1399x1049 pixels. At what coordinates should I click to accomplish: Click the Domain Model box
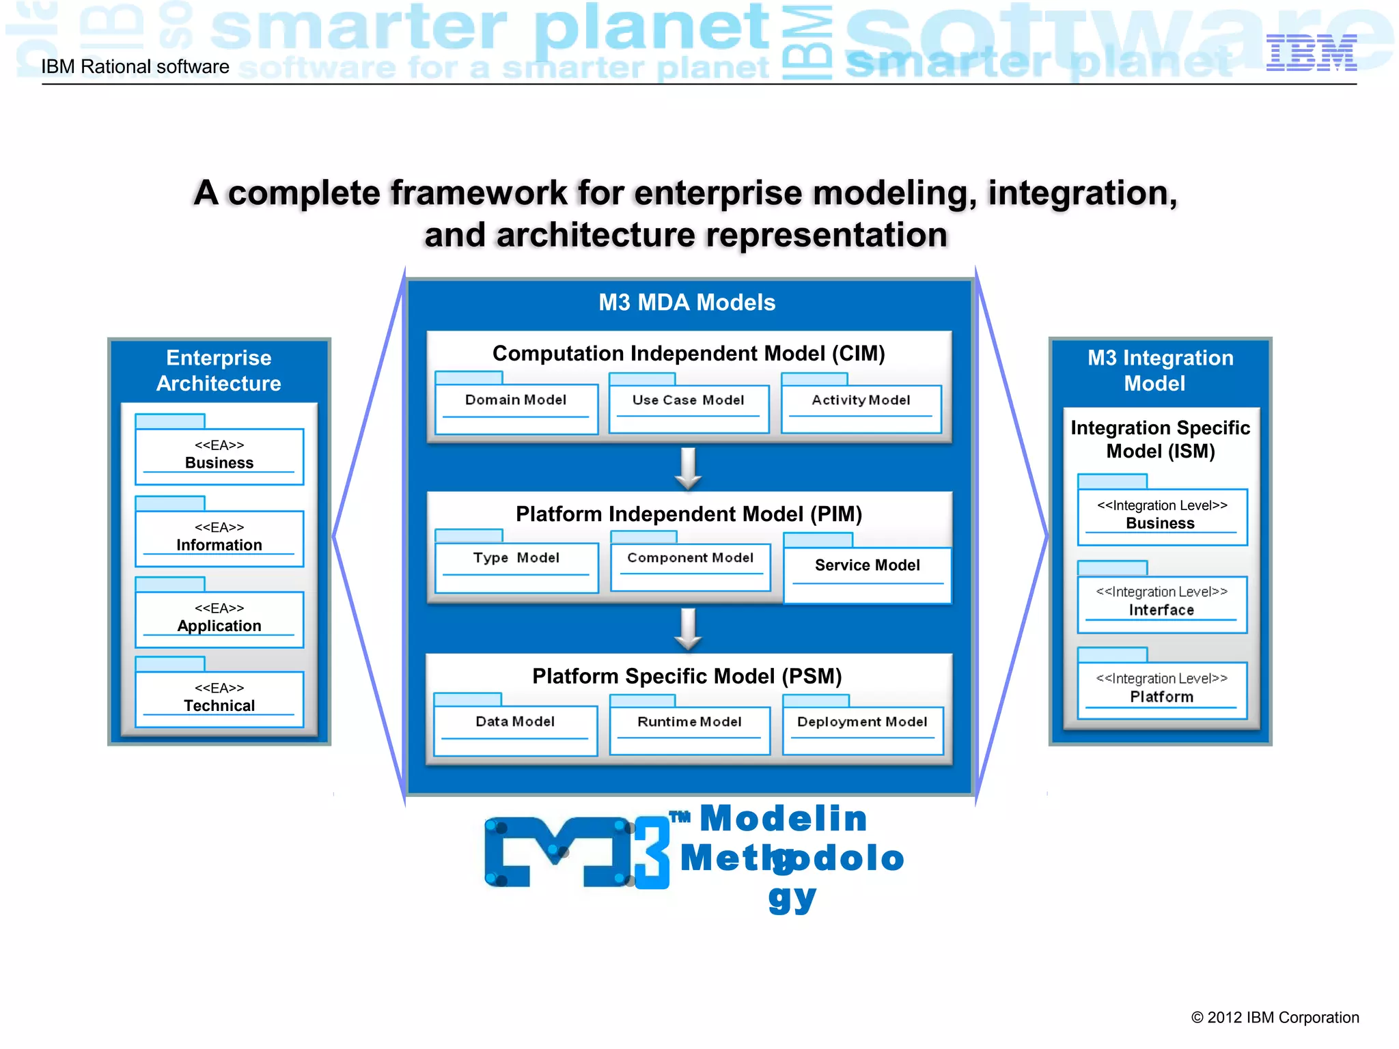click(516, 408)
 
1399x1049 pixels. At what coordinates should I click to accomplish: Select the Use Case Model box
click(689, 408)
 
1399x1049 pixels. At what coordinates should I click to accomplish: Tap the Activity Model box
click(861, 408)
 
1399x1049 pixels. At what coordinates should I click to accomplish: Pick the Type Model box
click(516, 567)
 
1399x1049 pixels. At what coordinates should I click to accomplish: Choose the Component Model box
click(690, 567)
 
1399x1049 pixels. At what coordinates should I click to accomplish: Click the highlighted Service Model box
click(867, 574)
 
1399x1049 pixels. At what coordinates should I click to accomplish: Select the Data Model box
click(515, 730)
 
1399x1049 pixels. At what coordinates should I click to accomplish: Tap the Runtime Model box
click(689, 730)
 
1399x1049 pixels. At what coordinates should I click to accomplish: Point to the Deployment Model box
click(862, 730)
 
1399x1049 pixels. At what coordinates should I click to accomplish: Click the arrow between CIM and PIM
click(689, 468)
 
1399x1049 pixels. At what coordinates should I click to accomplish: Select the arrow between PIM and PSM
click(689, 629)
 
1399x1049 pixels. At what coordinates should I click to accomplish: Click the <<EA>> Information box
click(219, 538)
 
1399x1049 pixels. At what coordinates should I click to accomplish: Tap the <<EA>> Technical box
click(219, 699)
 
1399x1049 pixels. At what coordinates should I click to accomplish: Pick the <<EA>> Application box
click(219, 619)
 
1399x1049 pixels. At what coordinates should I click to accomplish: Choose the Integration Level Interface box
click(1161, 604)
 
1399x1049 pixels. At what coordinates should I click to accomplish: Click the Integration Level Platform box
click(1161, 690)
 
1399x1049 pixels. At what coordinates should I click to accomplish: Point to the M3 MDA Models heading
click(687, 303)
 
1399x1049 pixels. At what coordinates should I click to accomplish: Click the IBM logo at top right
click(1311, 53)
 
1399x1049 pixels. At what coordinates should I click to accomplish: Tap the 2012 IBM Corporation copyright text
click(1275, 1018)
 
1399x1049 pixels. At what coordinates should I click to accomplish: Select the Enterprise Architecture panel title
click(219, 371)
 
